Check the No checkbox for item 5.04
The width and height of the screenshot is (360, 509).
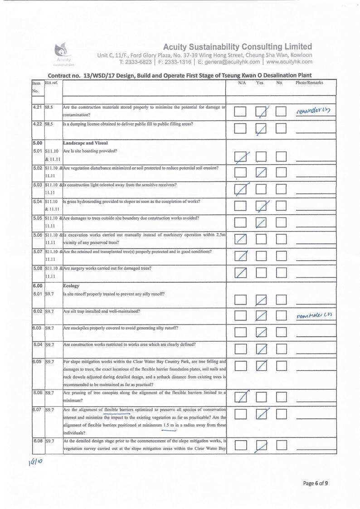pyautogui.click(x=282, y=207)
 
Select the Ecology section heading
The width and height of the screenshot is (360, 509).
pyautogui.click(x=71, y=286)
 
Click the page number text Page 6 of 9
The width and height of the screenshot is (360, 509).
pyautogui.click(x=315, y=483)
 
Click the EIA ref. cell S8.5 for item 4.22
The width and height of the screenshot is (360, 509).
pyautogui.click(x=49, y=124)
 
